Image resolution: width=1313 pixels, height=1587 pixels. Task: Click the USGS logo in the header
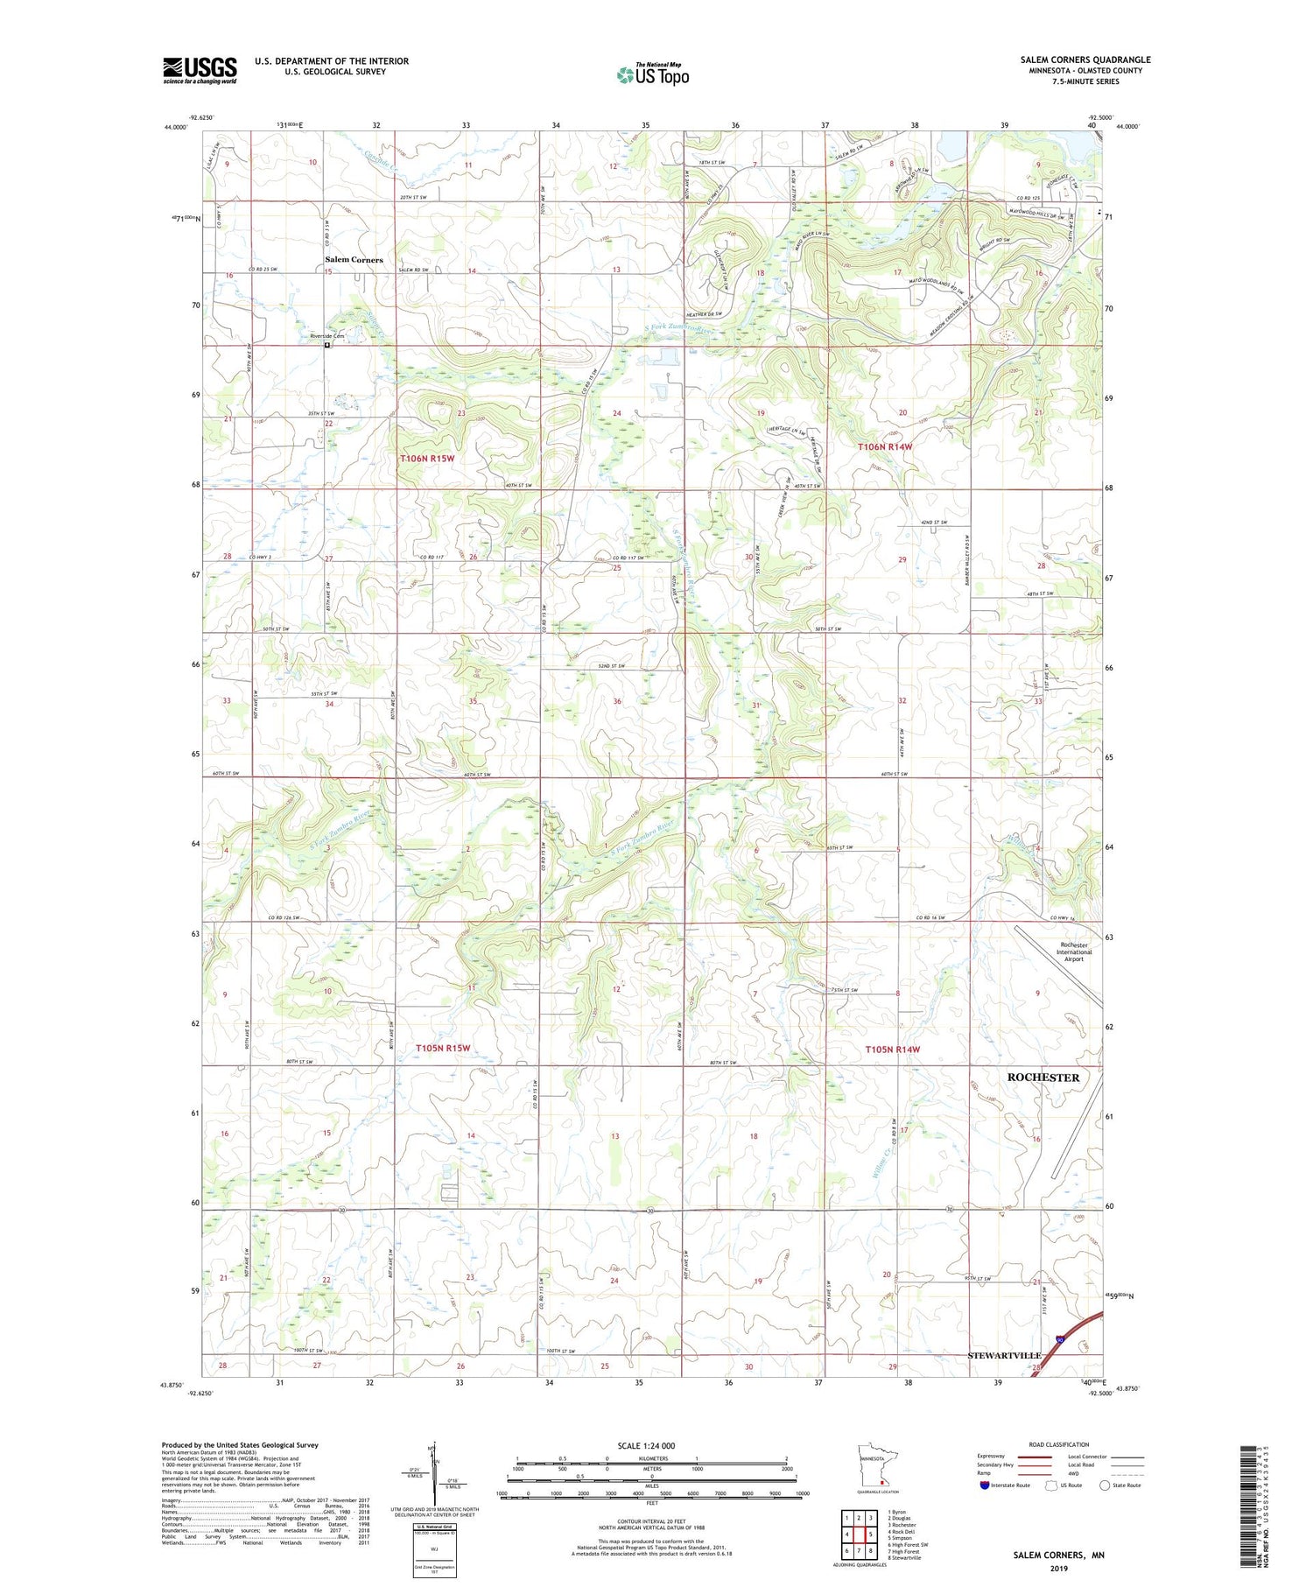tap(200, 70)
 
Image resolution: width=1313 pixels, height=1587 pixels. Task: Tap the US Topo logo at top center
tap(652, 74)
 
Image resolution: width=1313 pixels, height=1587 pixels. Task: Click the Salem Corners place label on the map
tap(354, 260)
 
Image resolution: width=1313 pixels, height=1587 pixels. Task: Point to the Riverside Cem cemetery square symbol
tap(327, 345)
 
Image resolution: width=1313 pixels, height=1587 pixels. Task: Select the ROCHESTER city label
tap(1043, 1078)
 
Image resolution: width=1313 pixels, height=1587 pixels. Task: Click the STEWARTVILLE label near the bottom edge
tap(1003, 1355)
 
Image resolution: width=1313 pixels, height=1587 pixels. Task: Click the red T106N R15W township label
tap(427, 459)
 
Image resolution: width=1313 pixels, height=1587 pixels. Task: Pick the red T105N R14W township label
tap(893, 1050)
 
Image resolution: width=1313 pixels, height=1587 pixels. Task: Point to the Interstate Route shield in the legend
tap(986, 1485)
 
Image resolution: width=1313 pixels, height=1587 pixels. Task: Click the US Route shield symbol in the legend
tap(1051, 1485)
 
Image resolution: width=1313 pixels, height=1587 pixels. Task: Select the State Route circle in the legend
tap(1105, 1485)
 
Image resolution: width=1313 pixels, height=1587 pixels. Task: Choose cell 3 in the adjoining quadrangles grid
tap(871, 1518)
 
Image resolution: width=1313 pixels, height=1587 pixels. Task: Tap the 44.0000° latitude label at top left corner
tap(176, 127)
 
